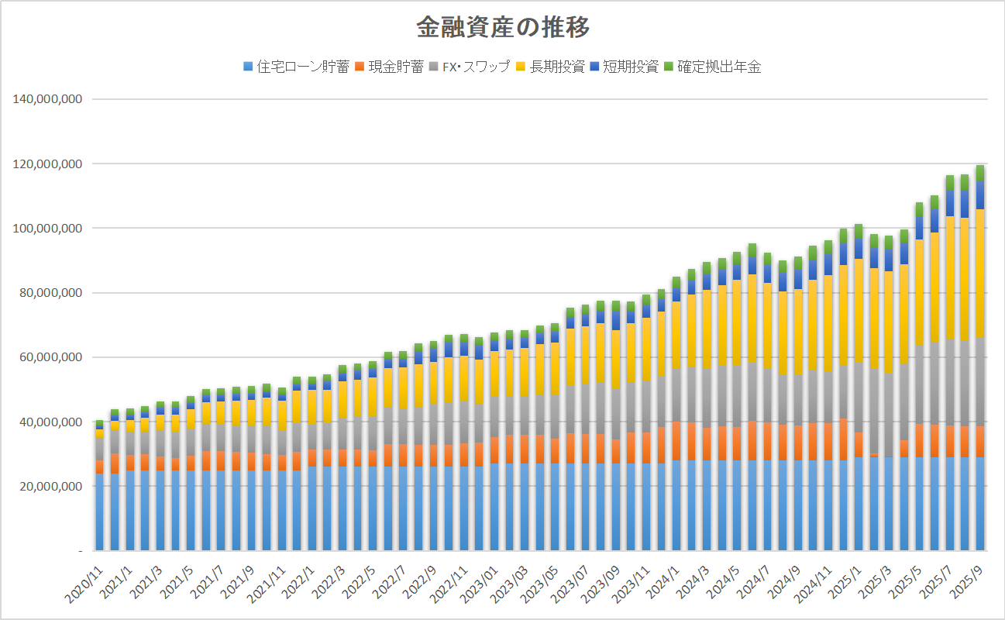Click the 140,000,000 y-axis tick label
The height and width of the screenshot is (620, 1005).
click(x=48, y=99)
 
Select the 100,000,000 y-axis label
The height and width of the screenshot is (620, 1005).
click(x=48, y=229)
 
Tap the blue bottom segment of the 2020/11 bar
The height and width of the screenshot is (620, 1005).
click(x=99, y=511)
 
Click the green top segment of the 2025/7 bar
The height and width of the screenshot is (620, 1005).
click(x=950, y=183)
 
